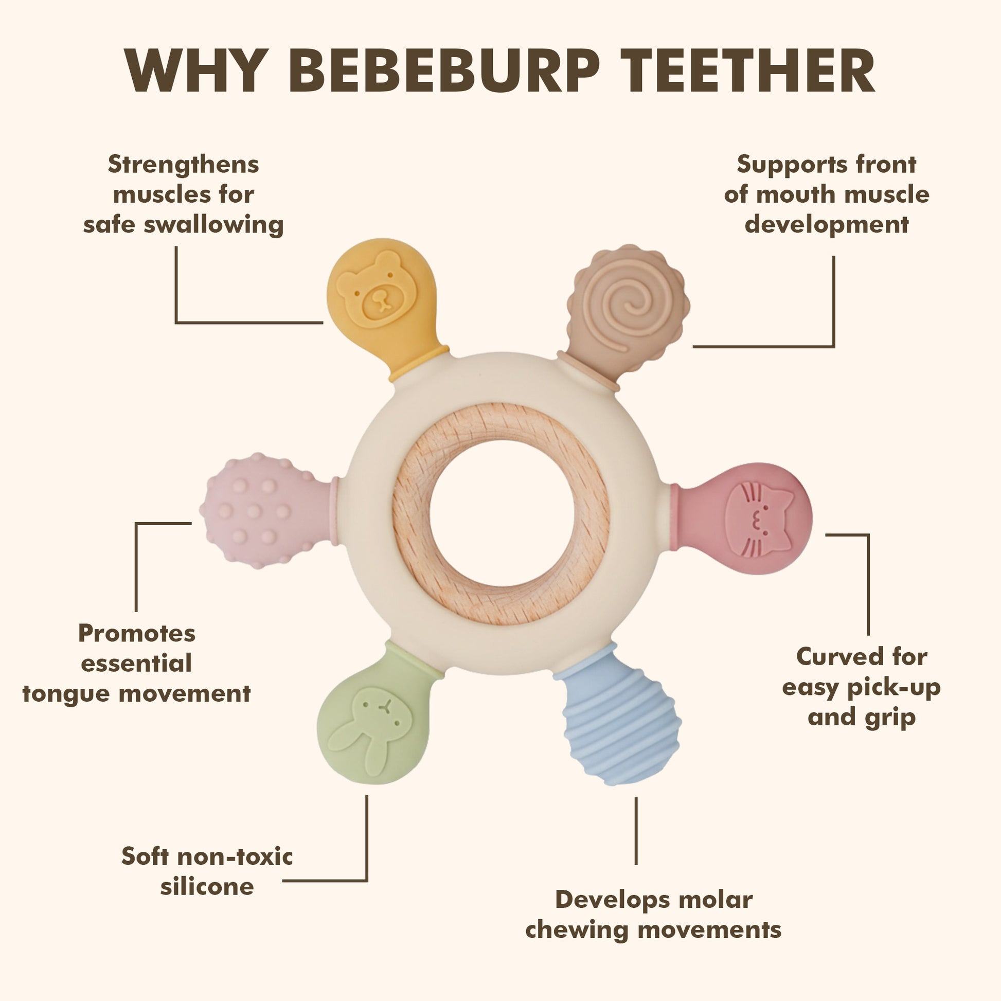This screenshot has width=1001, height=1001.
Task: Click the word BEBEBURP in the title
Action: [444, 70]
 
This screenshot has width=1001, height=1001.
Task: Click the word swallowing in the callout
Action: [213, 225]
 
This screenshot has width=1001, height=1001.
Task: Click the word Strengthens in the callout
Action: [184, 165]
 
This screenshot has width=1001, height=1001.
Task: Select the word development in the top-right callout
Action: [827, 225]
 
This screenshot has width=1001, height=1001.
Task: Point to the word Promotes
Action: [137, 633]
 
